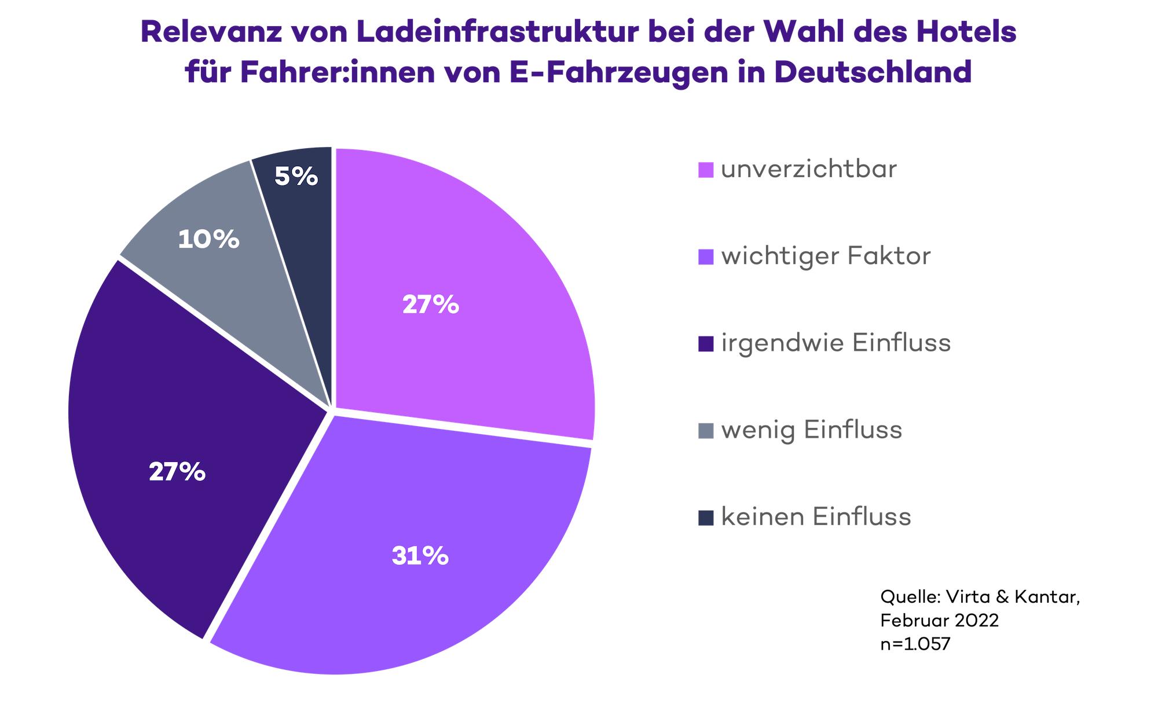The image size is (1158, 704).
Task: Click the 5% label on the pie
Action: tap(296, 177)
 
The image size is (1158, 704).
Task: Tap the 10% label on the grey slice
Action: tap(208, 239)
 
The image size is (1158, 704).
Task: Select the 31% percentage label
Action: tap(420, 556)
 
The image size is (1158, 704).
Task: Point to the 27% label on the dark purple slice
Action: tap(177, 472)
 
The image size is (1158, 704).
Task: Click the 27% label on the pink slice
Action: tap(431, 305)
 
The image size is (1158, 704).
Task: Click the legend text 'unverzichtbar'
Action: tap(808, 170)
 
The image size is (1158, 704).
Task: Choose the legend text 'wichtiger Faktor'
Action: tap(826, 256)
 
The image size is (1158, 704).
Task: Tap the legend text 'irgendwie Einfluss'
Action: tap(835, 343)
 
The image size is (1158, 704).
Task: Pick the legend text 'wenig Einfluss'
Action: tap(811, 430)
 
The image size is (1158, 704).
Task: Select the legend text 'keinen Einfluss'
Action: tap(816, 517)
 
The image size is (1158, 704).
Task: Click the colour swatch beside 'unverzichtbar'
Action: tap(706, 170)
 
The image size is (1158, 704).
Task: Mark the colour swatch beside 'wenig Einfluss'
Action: tap(706, 431)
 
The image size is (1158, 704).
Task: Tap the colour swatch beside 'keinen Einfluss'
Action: tap(706, 518)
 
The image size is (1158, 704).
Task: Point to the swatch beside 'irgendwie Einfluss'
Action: tap(706, 344)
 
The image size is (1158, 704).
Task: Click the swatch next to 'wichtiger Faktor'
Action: tap(706, 257)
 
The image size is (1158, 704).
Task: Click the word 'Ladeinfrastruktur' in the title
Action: tap(498, 32)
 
